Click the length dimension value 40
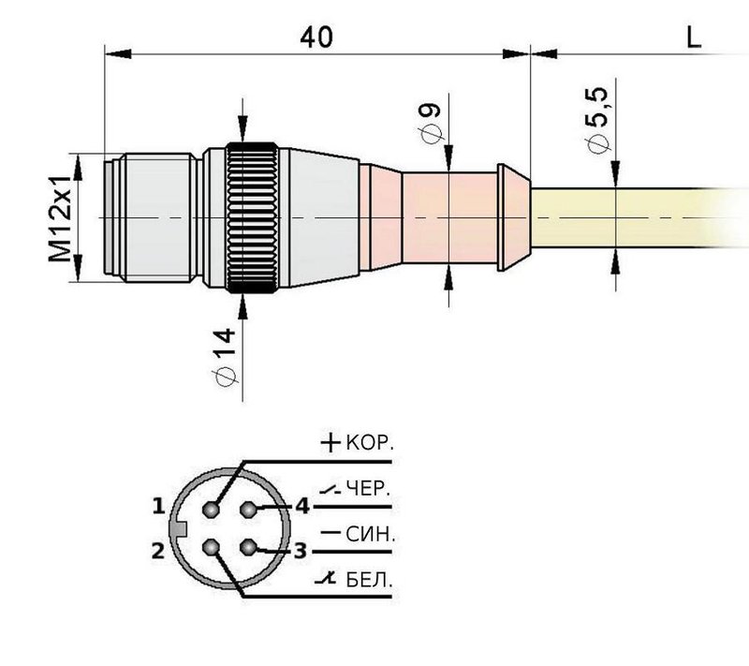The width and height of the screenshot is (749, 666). coord(316,37)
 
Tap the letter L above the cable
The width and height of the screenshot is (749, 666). coord(694,37)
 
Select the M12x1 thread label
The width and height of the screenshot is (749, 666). coord(62,216)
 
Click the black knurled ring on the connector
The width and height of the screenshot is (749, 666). coord(251,218)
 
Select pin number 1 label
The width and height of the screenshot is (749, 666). coord(159,507)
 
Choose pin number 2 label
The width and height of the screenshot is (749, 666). coord(159,550)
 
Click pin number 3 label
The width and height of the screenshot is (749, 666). coord(300,550)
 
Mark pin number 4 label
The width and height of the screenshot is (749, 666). coord(301,507)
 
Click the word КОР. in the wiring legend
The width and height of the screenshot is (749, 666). coord(370,443)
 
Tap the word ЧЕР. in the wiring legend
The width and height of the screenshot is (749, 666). coord(369,488)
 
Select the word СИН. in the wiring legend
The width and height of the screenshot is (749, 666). coord(371,536)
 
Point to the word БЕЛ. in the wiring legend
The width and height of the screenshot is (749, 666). coord(369,582)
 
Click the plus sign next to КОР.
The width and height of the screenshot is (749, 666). coord(330,442)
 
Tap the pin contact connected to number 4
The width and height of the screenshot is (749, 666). coord(249,510)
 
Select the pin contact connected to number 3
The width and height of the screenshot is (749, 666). coord(249,547)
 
